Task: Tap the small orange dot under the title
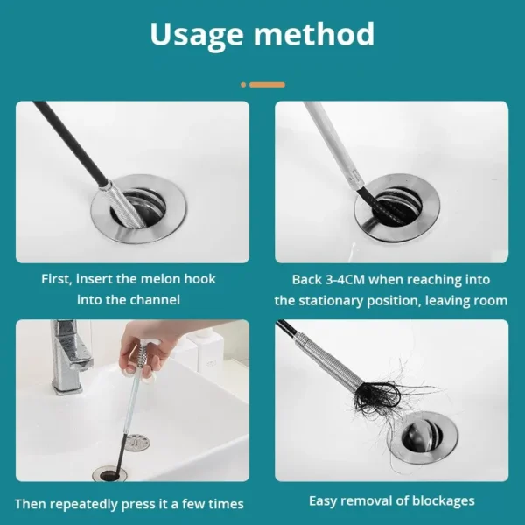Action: (243, 85)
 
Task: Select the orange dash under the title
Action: (267, 85)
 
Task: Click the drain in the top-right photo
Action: (395, 207)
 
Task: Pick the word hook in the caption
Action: (198, 279)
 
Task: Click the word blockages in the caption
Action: (444, 501)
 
